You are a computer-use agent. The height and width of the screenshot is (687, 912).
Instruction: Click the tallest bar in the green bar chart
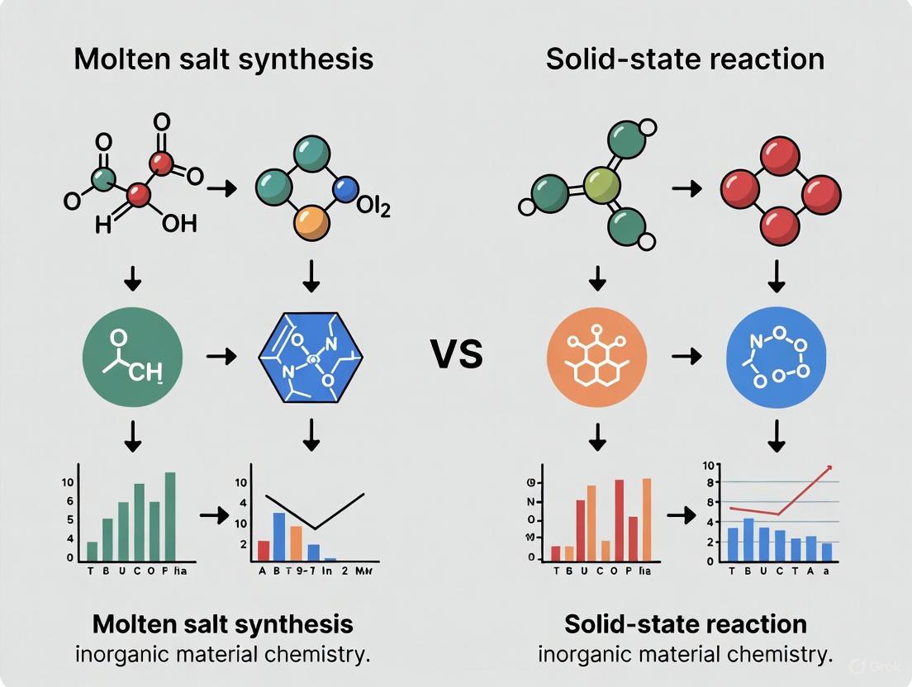pyautogui.click(x=170, y=516)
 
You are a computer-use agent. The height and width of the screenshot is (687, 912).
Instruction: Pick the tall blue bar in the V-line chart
pyautogui.click(x=279, y=537)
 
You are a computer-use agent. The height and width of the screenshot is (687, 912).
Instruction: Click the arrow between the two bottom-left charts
pyautogui.click(x=212, y=515)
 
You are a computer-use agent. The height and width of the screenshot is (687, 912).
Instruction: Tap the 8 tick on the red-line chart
pyautogui.click(x=708, y=500)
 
